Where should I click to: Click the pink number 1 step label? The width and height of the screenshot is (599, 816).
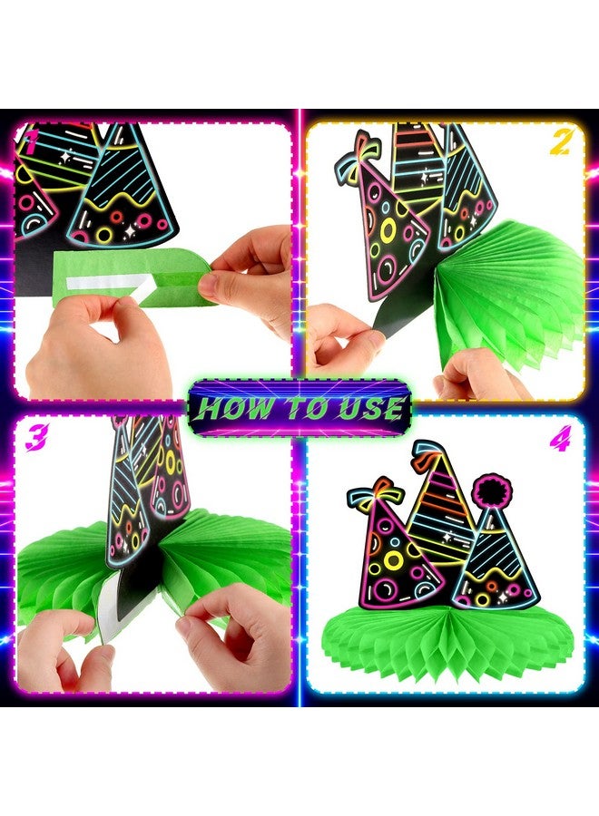[32, 142]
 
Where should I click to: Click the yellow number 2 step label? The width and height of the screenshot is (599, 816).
[560, 142]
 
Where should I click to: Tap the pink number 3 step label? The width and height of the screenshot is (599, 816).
[37, 437]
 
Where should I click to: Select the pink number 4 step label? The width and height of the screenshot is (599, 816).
[560, 438]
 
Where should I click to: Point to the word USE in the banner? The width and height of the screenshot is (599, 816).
[372, 408]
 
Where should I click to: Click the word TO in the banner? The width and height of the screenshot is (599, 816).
[306, 408]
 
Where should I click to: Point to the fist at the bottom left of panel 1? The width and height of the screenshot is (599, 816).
[99, 349]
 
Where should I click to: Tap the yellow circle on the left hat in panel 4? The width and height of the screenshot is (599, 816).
[394, 560]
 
